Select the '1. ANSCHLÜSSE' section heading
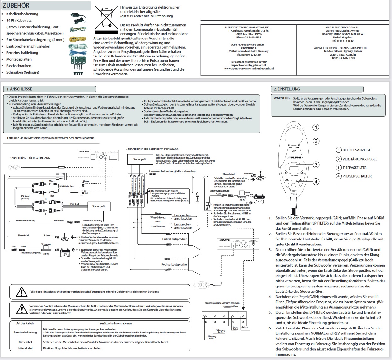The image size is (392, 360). [x=19, y=89]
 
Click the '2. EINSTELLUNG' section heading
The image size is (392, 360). [x=287, y=89]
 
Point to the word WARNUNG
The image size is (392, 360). [x=282, y=98]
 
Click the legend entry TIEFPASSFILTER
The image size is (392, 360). [x=355, y=168]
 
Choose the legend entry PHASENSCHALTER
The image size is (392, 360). [x=357, y=176]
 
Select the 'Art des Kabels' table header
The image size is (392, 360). [x=25, y=323]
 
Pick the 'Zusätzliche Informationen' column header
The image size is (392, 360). [x=116, y=323]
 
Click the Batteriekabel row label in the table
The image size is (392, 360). [x=25, y=348]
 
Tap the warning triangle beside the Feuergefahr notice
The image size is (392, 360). [x=21, y=292]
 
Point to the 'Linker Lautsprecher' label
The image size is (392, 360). [x=174, y=239]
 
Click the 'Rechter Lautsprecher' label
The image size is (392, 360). [x=174, y=264]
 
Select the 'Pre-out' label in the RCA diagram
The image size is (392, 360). [x=74, y=204]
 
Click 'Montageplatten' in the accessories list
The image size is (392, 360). [x=19, y=59]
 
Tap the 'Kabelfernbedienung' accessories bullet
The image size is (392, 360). [x=22, y=14]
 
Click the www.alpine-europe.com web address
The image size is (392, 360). [x=249, y=68]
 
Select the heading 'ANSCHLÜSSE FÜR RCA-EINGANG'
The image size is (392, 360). [x=31, y=158]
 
